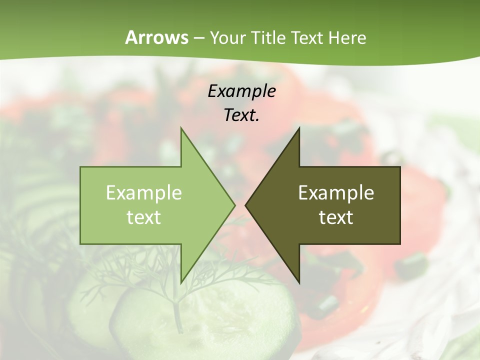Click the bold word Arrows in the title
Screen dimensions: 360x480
pyautogui.click(x=156, y=37)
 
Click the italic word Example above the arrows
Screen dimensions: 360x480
pyautogui.click(x=242, y=91)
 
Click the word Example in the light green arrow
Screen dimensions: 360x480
pyautogui.click(x=144, y=192)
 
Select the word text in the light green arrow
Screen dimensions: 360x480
pyautogui.click(x=144, y=217)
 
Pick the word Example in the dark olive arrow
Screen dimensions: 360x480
pyautogui.click(x=336, y=192)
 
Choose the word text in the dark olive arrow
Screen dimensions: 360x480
pyautogui.click(x=336, y=217)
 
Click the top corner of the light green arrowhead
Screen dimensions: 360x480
pyautogui.click(x=181, y=128)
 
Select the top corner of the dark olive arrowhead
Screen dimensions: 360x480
pyautogui.click(x=299, y=128)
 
